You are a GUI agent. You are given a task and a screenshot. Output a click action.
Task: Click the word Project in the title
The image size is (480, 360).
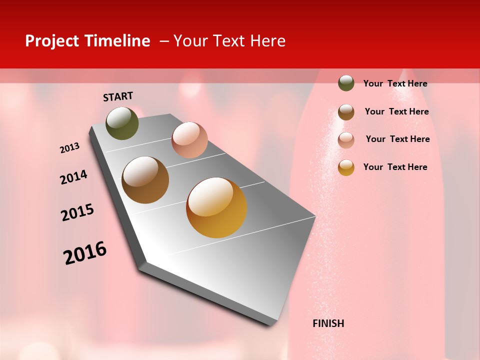[52, 41]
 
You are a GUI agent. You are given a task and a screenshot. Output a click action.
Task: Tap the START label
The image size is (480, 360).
[118, 96]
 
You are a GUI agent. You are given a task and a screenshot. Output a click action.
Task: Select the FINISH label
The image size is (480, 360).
[328, 323]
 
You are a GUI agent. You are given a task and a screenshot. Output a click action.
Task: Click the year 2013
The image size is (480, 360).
[70, 148]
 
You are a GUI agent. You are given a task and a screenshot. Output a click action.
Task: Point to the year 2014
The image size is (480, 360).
[73, 177]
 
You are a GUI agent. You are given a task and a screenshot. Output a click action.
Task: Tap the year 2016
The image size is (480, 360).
[85, 252]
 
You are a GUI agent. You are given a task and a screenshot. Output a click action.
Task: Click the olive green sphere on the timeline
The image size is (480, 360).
[122, 123]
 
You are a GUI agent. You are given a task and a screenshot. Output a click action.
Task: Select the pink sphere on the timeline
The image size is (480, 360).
[189, 140]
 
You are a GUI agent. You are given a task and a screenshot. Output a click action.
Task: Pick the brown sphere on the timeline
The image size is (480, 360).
[145, 180]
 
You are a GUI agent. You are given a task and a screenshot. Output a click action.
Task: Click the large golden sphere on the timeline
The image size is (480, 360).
[216, 207]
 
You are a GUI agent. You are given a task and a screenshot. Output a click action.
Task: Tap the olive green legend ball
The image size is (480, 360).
[346, 83]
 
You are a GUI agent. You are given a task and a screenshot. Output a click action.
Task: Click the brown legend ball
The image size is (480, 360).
[346, 112]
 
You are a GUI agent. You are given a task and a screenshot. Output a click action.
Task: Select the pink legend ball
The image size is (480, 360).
[346, 140]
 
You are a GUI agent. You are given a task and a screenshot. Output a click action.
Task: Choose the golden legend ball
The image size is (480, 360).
[346, 167]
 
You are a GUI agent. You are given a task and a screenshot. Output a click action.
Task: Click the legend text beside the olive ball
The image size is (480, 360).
[395, 83]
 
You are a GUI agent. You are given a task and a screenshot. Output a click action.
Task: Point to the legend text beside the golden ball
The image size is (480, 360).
[395, 167]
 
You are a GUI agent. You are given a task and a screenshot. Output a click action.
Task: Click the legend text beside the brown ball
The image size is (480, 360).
[396, 111]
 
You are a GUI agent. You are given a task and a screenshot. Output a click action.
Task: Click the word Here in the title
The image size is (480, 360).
[268, 41]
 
